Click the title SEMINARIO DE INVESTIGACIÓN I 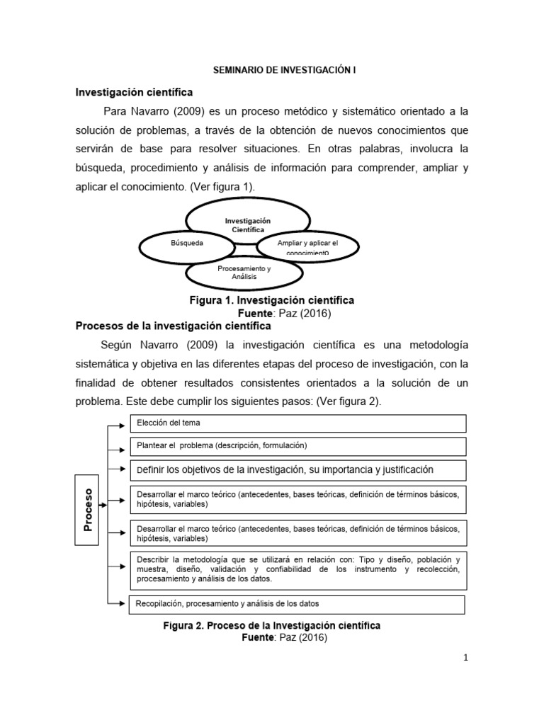click(x=272, y=71)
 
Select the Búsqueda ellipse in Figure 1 click(x=187, y=244)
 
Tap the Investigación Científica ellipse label click(x=247, y=226)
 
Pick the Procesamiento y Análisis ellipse click(x=245, y=273)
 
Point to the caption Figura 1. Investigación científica click(x=271, y=300)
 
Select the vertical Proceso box click(x=89, y=508)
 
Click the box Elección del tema click(x=297, y=423)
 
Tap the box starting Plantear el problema click(x=297, y=446)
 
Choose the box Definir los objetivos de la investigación click(x=297, y=469)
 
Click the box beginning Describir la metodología click(x=297, y=569)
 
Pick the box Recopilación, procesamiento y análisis click(x=296, y=604)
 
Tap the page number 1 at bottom click(x=465, y=658)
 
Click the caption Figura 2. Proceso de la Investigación click(x=271, y=626)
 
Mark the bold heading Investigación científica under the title click(x=134, y=93)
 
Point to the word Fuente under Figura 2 click(x=260, y=638)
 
